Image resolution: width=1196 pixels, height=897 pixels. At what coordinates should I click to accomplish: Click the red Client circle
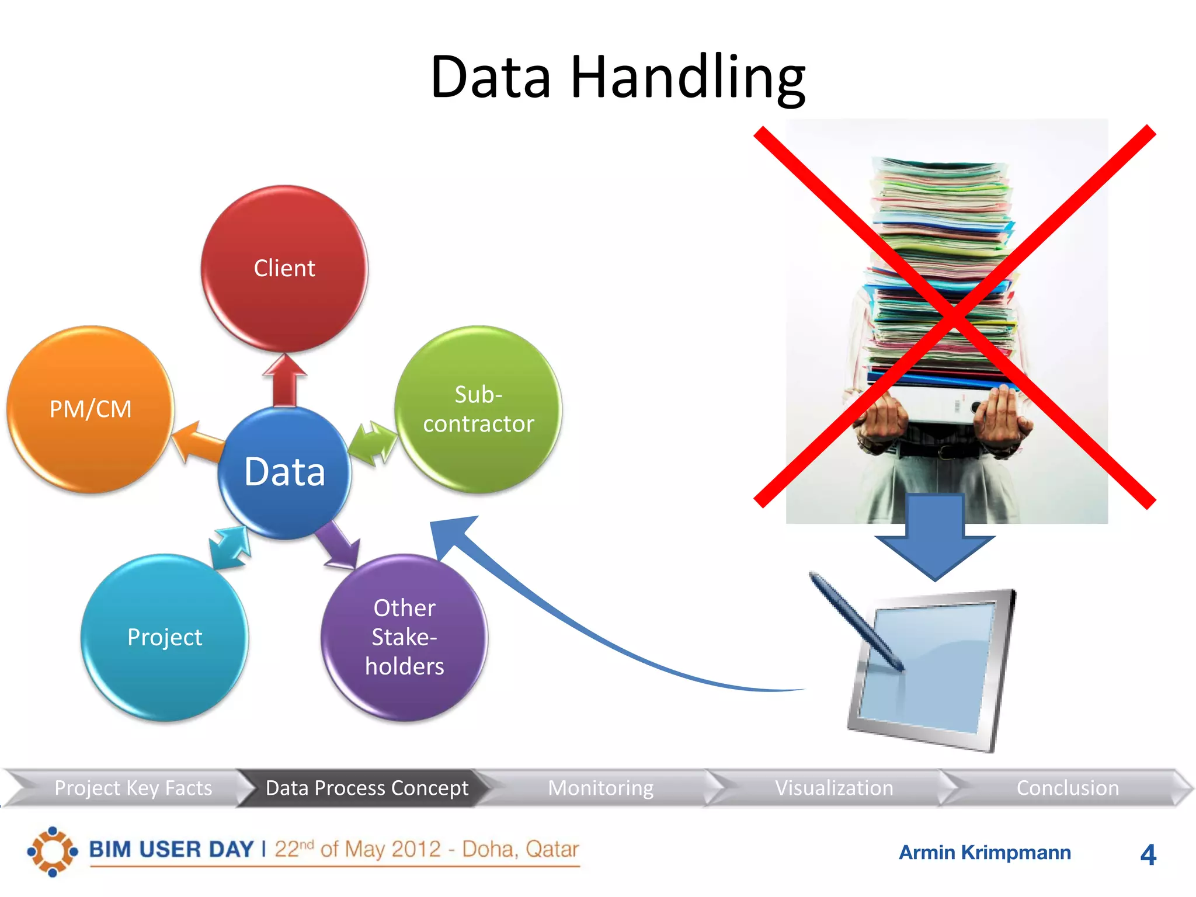tap(284, 269)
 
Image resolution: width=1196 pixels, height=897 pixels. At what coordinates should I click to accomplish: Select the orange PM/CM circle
tap(91, 409)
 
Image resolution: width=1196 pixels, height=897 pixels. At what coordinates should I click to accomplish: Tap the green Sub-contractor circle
tap(478, 409)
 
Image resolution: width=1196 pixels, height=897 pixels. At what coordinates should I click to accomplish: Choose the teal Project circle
tap(165, 637)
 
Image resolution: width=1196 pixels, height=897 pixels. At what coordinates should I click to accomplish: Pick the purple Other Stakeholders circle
tap(404, 637)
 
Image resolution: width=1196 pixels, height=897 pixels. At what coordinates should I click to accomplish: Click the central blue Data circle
tap(284, 472)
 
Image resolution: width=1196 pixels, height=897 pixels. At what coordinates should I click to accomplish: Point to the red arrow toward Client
tap(284, 380)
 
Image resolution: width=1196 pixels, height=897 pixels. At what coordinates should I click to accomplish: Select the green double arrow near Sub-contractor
tap(373, 443)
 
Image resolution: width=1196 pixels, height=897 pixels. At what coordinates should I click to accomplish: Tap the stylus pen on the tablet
tap(856, 621)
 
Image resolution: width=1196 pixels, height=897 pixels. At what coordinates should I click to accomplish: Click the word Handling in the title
tap(687, 78)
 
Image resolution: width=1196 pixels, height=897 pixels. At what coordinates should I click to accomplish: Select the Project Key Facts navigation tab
tap(133, 788)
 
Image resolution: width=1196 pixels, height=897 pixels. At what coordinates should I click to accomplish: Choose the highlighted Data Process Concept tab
tap(367, 788)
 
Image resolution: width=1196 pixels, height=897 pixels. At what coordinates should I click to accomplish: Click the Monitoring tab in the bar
tap(600, 788)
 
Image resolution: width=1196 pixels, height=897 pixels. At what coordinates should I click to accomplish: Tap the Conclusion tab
tap(1068, 788)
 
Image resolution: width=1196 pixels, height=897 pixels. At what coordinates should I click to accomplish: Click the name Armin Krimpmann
tap(985, 853)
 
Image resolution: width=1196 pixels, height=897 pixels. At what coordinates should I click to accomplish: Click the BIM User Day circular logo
tap(53, 851)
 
